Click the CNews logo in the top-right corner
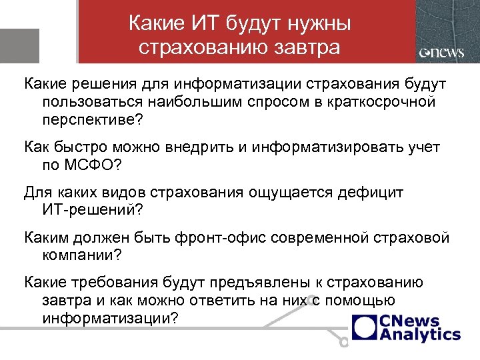(441, 53)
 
